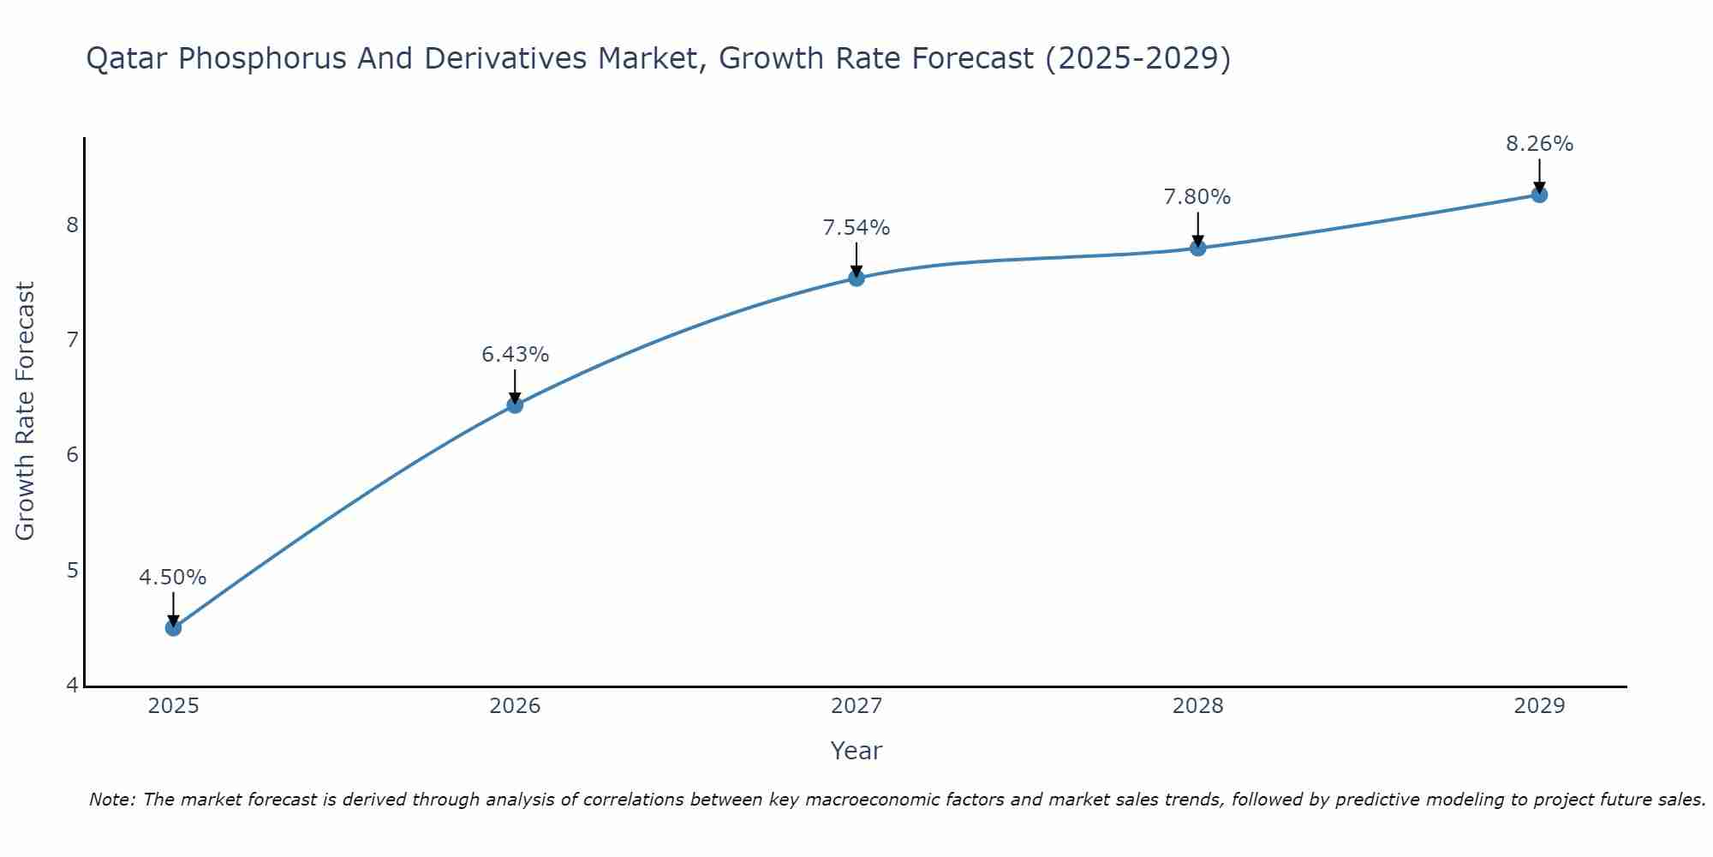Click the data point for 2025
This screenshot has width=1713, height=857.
173,627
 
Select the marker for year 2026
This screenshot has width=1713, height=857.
515,405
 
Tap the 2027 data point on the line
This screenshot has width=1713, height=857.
856,278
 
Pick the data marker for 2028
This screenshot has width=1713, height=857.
1197,248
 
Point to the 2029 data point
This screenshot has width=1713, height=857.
1539,195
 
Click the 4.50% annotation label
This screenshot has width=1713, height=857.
173,578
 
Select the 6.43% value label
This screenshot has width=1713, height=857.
515,355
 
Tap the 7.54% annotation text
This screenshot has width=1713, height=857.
856,228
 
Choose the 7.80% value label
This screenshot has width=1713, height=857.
1197,197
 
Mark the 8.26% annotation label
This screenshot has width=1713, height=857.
1539,144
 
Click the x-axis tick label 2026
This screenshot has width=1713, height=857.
515,706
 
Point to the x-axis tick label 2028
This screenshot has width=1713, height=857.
1197,706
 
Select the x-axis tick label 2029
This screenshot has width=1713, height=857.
1539,706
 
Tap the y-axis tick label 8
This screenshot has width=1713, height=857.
72,225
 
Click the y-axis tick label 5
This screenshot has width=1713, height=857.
72,570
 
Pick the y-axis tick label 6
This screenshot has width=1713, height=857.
72,454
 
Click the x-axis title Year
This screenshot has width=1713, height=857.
856,751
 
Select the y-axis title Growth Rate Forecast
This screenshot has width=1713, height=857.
26,411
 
